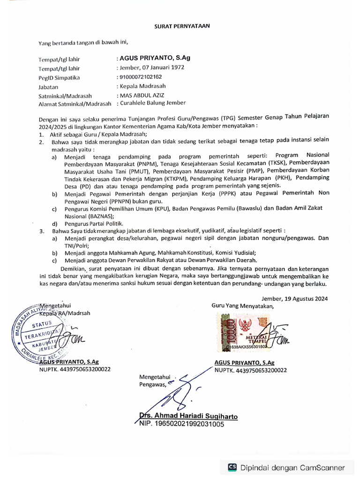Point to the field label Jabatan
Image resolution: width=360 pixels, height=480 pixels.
click(48, 87)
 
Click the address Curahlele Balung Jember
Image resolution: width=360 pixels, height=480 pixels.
click(152, 103)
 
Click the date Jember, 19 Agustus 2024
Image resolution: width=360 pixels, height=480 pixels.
click(294, 298)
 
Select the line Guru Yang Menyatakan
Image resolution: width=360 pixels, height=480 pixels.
click(242, 306)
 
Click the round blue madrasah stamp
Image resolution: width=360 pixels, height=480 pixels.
click(43, 336)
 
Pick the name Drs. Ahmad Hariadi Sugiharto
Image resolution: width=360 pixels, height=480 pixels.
click(188, 416)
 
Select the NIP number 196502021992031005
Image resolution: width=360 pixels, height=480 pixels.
click(182, 424)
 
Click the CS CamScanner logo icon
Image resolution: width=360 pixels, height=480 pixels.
click(232, 467)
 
